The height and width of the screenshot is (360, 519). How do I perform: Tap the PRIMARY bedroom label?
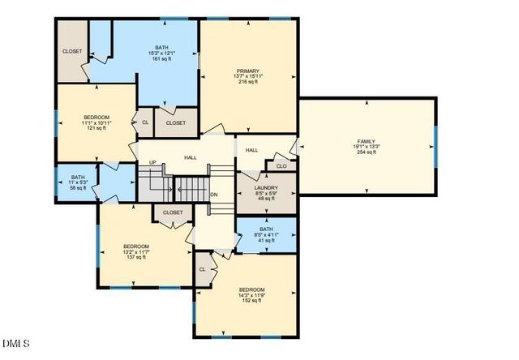248,71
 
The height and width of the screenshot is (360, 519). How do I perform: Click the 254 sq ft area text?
367,152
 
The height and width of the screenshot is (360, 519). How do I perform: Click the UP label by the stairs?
152,163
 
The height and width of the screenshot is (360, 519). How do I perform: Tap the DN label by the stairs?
214,195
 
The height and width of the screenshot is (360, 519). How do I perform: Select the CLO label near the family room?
281,166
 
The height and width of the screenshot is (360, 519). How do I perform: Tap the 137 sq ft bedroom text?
135,257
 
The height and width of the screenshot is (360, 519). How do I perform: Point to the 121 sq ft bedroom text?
97,128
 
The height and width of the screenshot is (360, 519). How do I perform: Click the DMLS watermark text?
16,343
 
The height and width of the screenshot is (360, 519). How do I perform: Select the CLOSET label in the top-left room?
72,52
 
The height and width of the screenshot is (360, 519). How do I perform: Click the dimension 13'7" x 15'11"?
248,76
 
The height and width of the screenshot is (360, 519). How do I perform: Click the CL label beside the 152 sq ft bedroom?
203,268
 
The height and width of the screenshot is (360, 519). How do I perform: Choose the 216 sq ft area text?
248,82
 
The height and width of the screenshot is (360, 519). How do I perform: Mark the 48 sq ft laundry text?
266,199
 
